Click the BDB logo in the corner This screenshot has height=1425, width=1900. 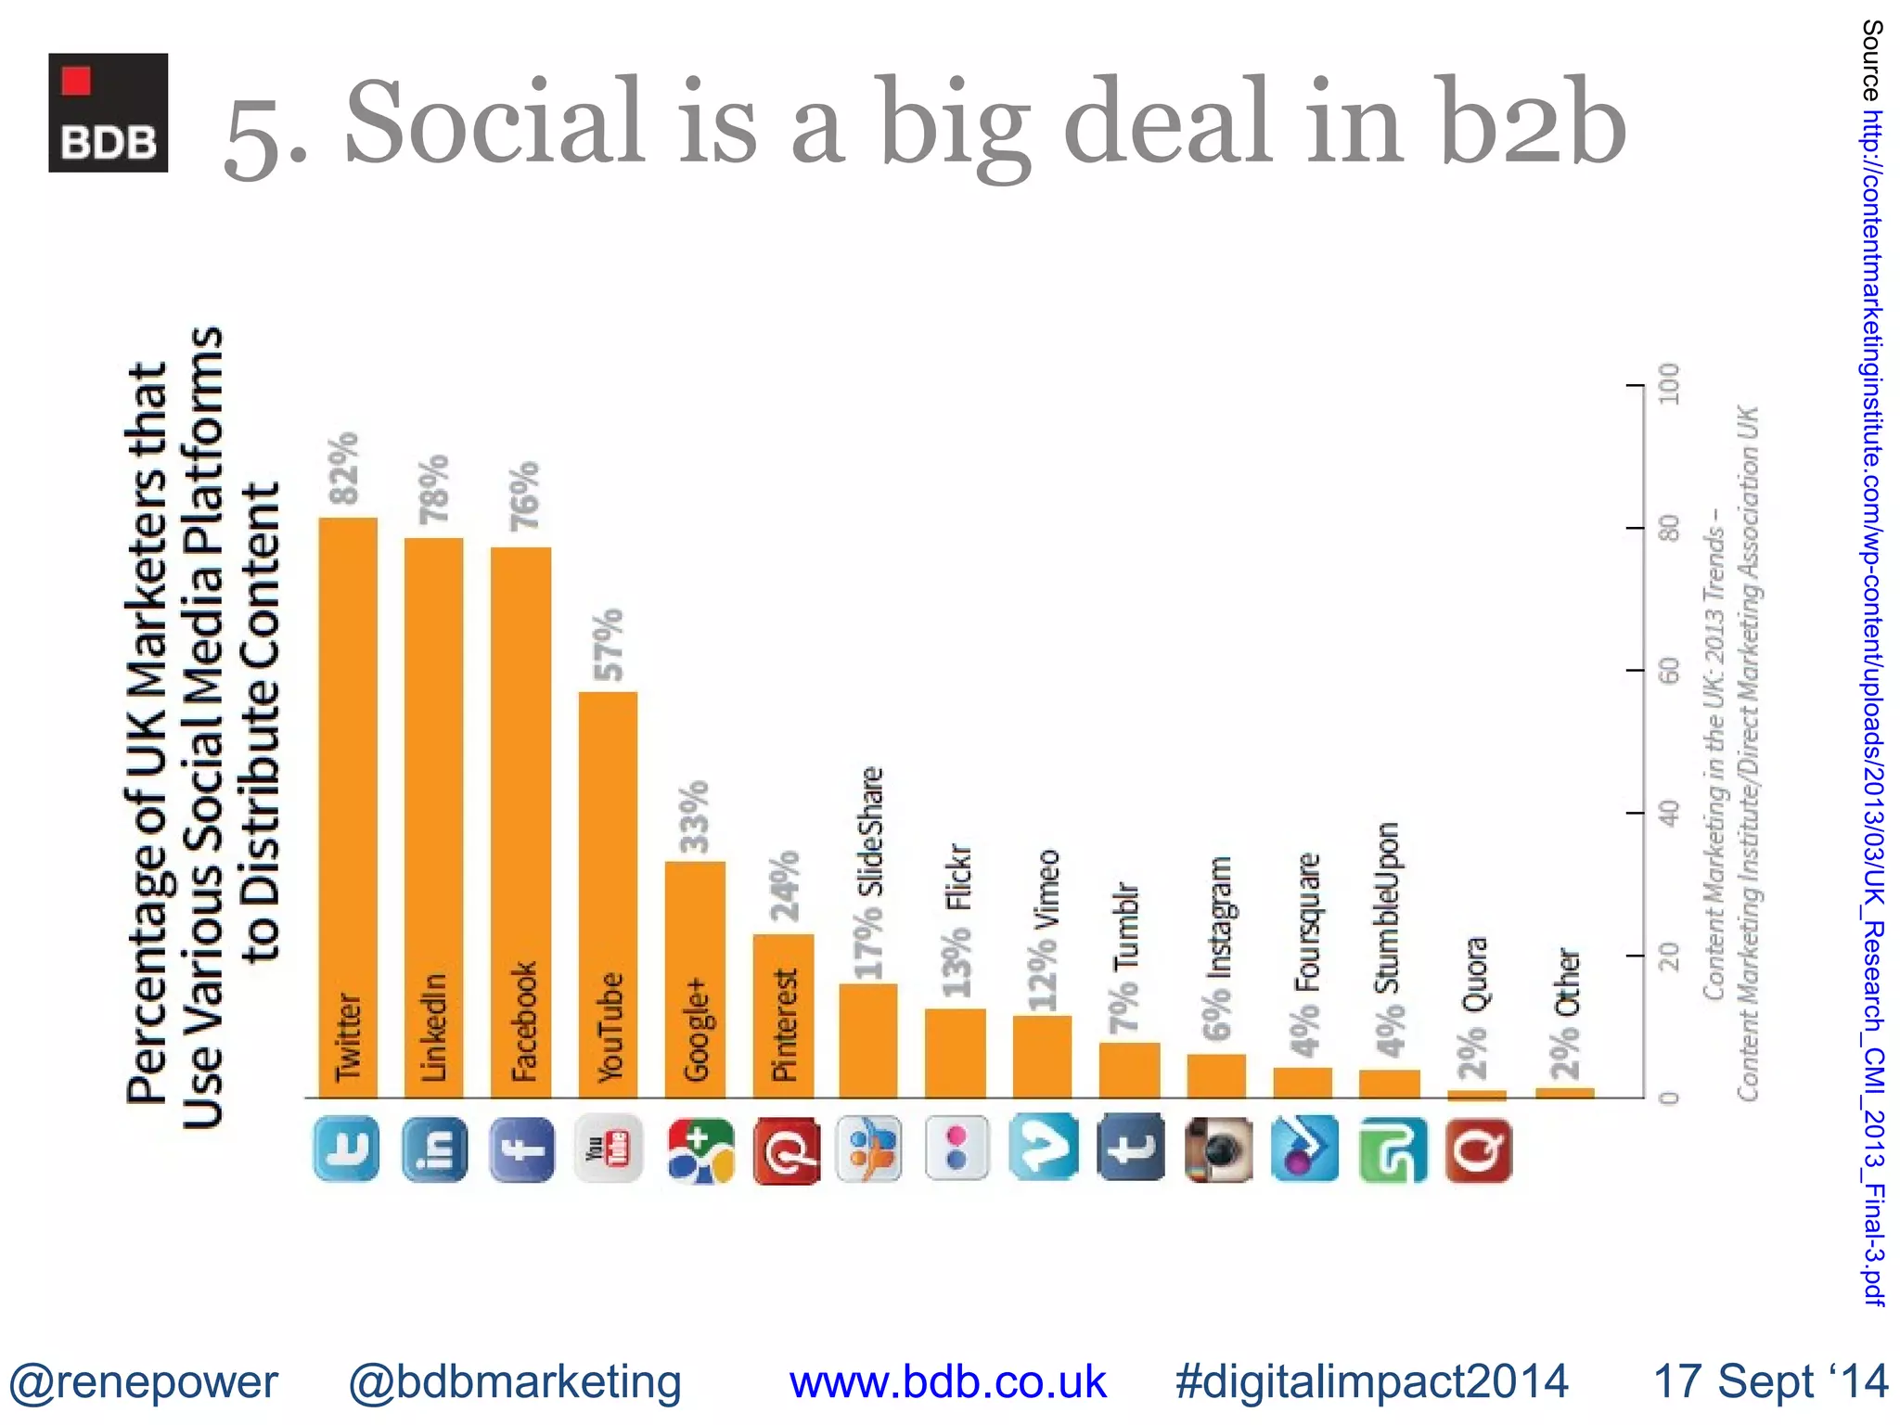pos(109,112)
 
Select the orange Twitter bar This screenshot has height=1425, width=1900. pos(348,807)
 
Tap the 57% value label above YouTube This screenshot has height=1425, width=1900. pos(610,644)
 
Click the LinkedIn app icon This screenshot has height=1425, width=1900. pos(435,1149)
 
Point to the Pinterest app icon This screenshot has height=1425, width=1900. pos(787,1150)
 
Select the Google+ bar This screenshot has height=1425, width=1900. pos(695,979)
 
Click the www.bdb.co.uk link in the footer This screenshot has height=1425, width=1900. pos(947,1382)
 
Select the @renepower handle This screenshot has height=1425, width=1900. pos(144,1382)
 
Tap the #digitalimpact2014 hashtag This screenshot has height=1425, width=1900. pos(1371,1382)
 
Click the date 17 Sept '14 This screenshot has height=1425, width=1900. pos(1770,1382)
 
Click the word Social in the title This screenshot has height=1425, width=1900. pos(494,123)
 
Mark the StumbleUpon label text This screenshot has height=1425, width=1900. pos(1387,907)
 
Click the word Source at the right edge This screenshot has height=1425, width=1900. pos(1872,59)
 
